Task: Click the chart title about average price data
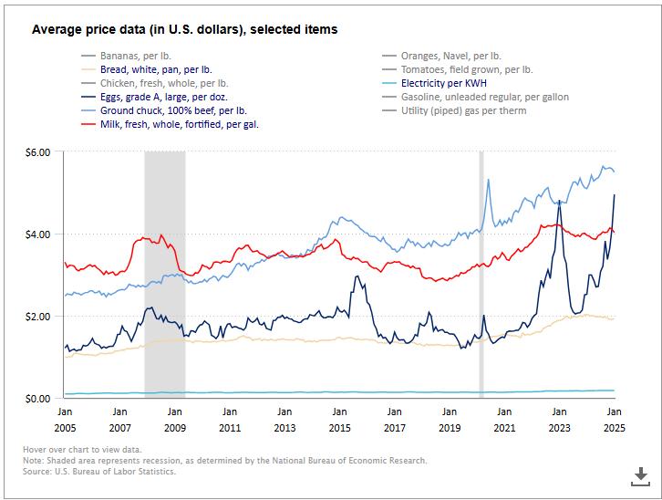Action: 184,30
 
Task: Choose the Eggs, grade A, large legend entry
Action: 163,97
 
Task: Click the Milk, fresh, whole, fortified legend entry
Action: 179,124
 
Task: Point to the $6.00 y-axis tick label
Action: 36,151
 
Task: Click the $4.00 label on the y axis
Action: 36,234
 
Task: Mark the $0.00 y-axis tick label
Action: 36,399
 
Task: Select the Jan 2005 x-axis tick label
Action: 65,419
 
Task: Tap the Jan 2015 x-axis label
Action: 339,419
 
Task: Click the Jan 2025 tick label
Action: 614,419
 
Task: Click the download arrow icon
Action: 639,474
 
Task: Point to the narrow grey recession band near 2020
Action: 481,274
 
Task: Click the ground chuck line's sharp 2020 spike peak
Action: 489,180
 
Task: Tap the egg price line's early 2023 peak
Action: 558,202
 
